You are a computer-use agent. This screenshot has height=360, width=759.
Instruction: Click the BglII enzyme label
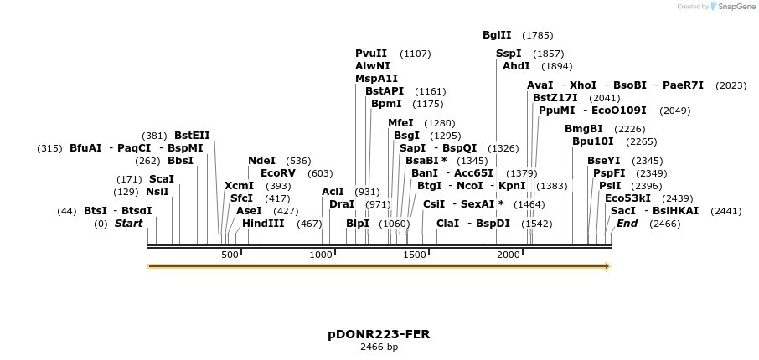point(497,35)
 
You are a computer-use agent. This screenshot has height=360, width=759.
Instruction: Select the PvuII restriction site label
point(371,54)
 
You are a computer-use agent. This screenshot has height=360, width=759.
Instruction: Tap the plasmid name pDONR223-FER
point(379,334)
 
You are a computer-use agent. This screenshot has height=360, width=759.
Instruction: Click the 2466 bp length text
point(379,347)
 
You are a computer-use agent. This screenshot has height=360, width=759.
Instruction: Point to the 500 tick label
point(230,255)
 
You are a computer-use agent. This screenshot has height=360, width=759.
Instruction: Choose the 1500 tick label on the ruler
point(415,255)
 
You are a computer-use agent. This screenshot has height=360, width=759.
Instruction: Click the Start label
point(128,224)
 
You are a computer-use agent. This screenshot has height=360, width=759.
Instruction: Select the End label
point(627,224)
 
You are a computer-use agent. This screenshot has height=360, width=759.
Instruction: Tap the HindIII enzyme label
point(263,224)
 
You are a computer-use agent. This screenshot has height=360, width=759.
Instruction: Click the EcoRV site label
point(278,173)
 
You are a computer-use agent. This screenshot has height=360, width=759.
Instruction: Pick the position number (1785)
point(537,35)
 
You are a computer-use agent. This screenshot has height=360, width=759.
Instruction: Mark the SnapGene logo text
point(735,7)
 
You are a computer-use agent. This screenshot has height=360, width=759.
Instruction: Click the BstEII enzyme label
point(192,136)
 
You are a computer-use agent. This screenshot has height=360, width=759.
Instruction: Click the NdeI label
point(261,161)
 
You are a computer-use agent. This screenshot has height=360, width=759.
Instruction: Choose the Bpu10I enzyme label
point(592,141)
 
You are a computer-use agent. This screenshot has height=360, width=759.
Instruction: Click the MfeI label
point(400,123)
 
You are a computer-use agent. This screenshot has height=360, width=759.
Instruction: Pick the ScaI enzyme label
point(161,179)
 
